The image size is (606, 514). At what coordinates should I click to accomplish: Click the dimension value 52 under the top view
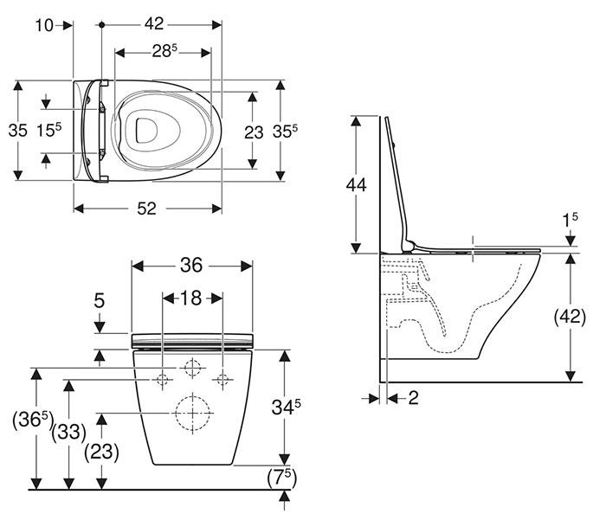(148, 209)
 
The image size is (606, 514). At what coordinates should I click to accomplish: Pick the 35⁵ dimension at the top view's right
(304, 132)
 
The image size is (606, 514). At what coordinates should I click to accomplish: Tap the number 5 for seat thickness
(100, 301)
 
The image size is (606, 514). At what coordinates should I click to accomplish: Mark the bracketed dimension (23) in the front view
(101, 451)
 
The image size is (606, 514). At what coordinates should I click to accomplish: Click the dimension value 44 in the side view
(356, 183)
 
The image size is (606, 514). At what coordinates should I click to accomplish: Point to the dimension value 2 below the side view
(413, 397)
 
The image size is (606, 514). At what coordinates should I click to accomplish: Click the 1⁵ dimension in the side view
(569, 222)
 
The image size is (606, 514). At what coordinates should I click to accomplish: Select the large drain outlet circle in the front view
(192, 413)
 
